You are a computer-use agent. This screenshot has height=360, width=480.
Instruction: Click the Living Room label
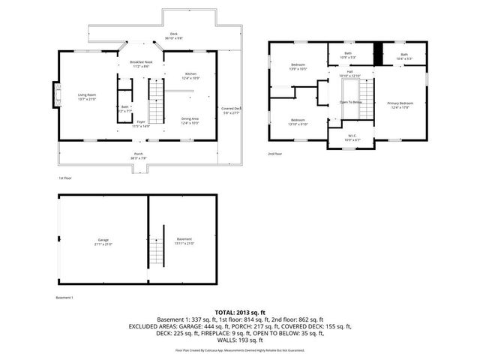[87, 96]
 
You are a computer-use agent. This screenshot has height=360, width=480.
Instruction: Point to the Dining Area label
[190, 120]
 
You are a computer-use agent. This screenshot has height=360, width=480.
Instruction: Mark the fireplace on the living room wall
[54, 94]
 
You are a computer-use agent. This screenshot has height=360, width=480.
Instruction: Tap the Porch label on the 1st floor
[139, 155]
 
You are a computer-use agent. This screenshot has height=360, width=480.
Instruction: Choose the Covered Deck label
[231, 110]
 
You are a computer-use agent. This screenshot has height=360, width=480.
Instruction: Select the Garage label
[103, 242]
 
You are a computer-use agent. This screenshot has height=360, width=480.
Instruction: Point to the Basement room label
[184, 241]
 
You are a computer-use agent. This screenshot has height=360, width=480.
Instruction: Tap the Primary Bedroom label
[400, 104]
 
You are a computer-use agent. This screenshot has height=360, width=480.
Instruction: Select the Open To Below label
[351, 102]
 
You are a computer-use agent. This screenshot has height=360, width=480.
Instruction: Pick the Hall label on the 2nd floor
[349, 74]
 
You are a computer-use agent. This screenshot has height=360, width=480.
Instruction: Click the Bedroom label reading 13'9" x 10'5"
[298, 67]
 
